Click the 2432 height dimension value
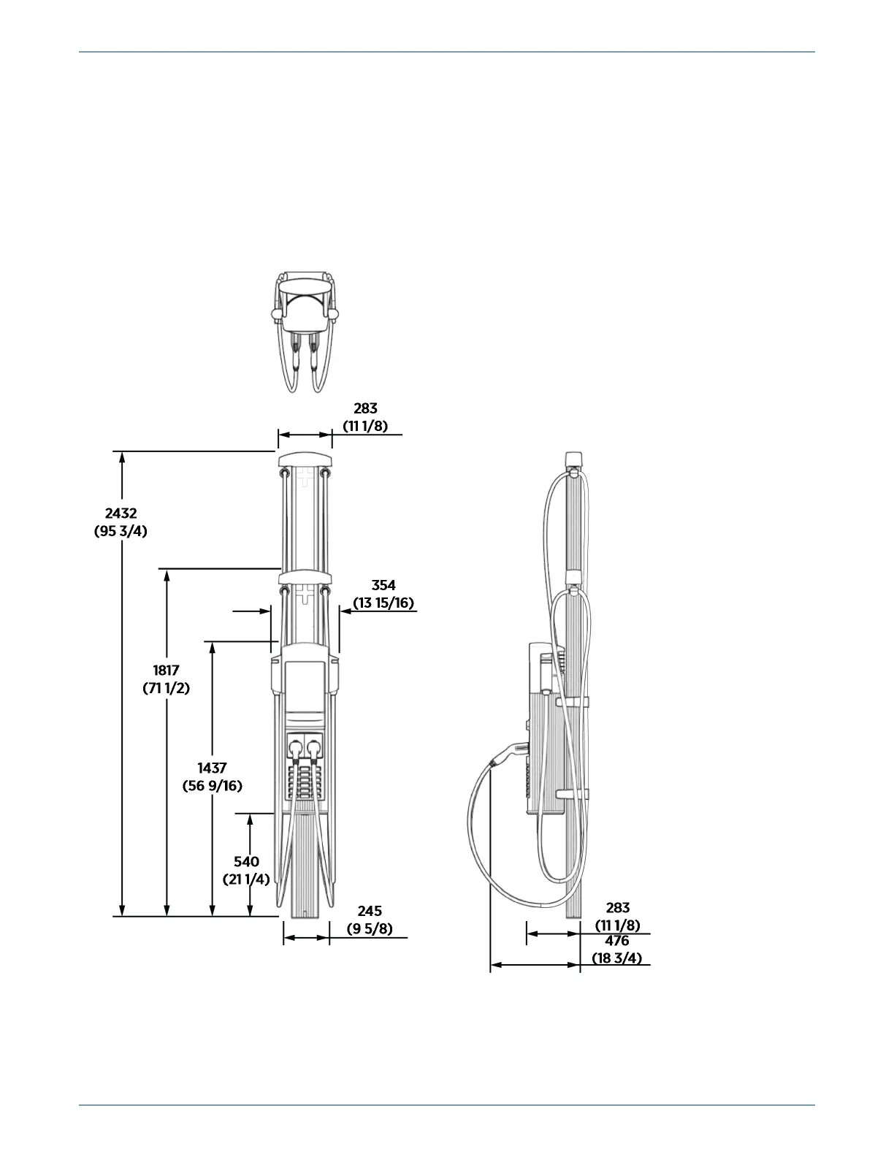[x=121, y=514]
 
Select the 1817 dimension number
[x=167, y=670]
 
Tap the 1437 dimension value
[x=212, y=768]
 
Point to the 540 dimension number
[x=247, y=862]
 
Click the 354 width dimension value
[x=383, y=585]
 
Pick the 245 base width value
[x=370, y=911]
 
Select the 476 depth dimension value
[x=616, y=942]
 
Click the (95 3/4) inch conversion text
[x=121, y=532]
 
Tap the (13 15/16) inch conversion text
[x=383, y=603]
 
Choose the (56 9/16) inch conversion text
[x=212, y=786]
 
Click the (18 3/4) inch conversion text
[x=616, y=958]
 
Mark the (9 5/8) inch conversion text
[x=370, y=928]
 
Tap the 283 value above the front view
[x=365, y=408]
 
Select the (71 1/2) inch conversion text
[x=167, y=687]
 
